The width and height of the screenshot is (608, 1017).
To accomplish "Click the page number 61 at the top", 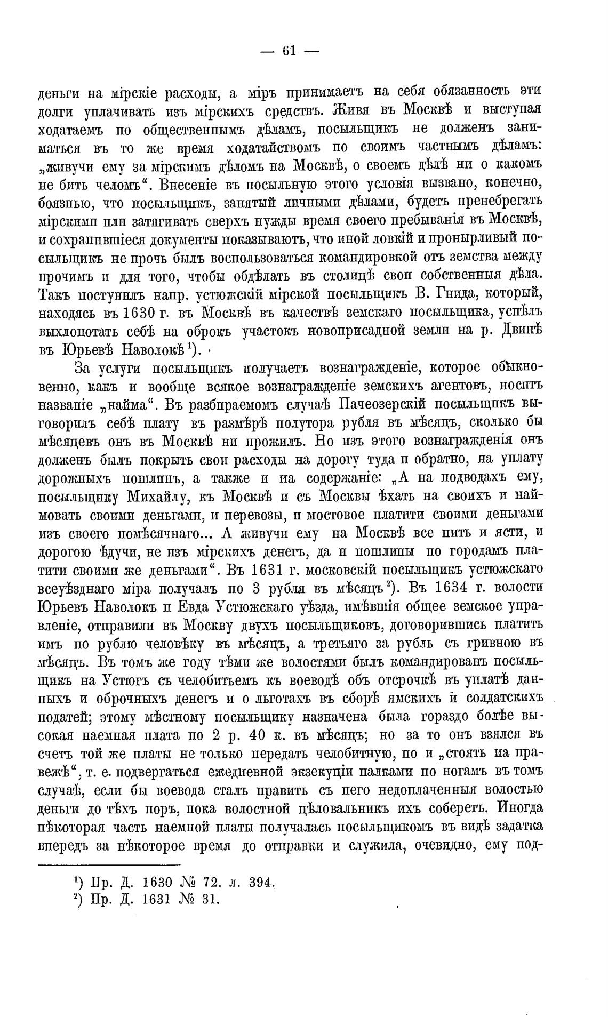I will [289, 51].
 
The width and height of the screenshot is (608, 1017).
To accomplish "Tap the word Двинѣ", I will [522, 330].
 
